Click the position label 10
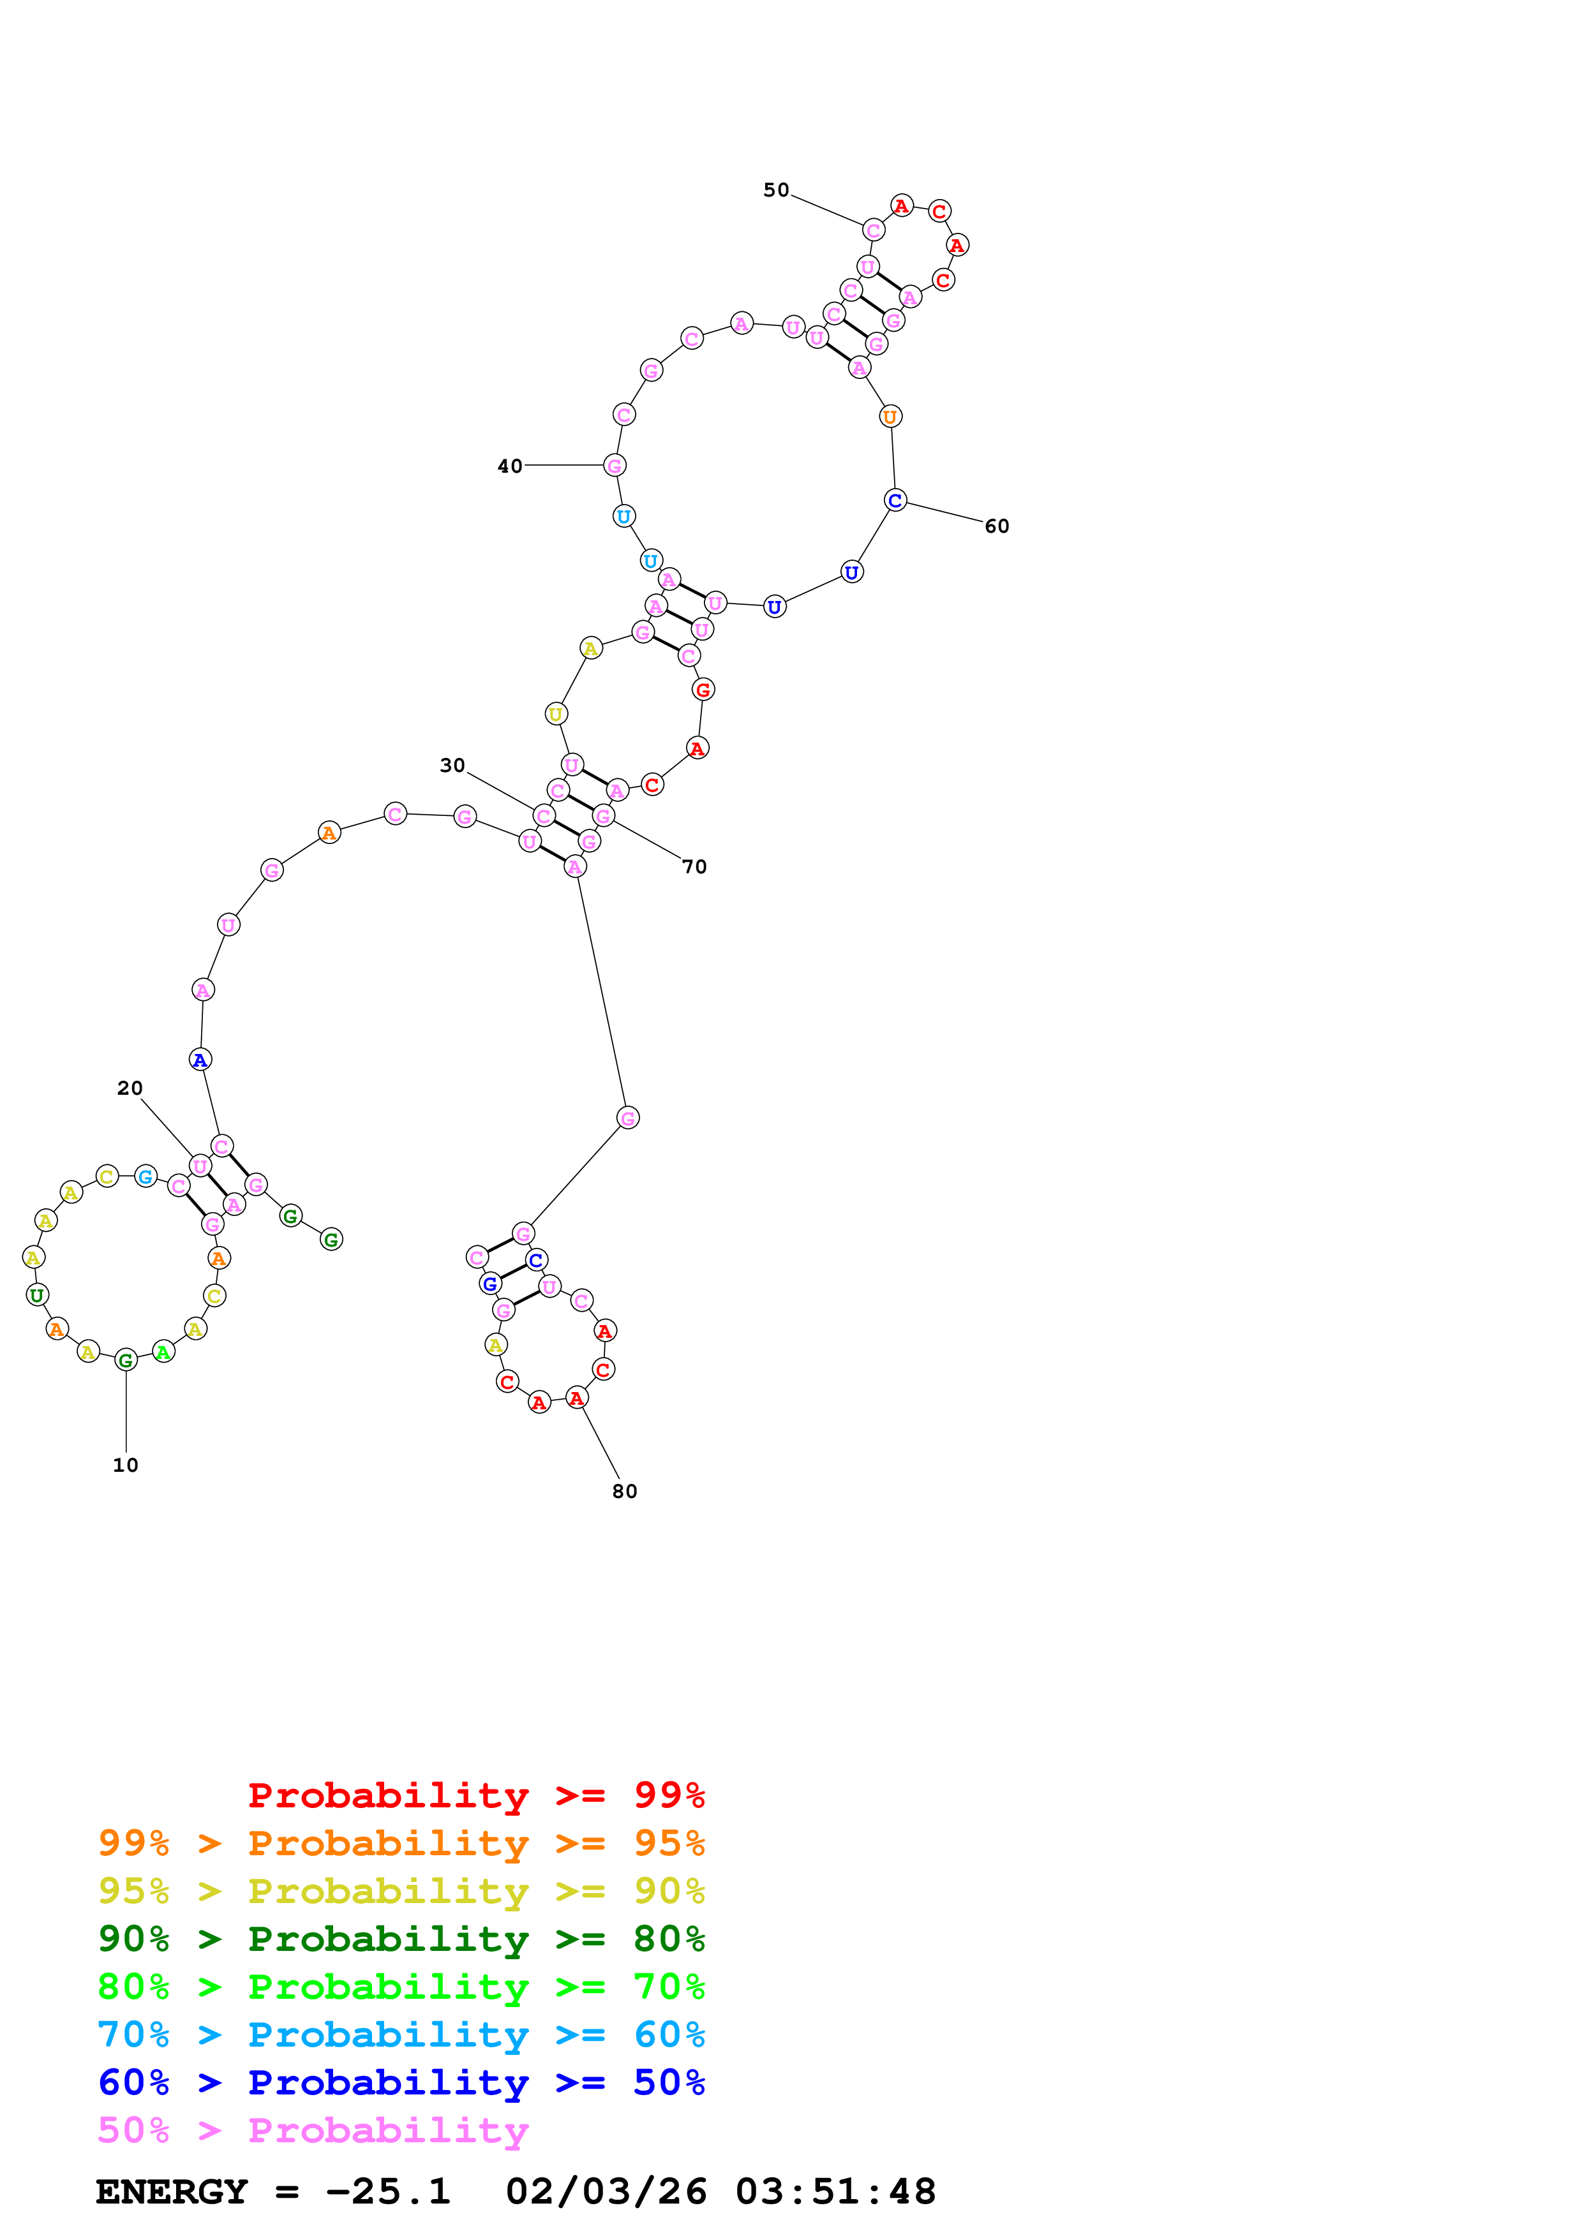(x=126, y=1465)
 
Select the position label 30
(x=452, y=765)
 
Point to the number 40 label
(x=510, y=466)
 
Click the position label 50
(x=776, y=190)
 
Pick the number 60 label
(x=996, y=526)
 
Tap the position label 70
(x=694, y=866)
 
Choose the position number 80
(x=625, y=1492)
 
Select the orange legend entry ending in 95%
(x=401, y=1843)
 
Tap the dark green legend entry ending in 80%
(x=401, y=1939)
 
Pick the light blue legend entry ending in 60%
(x=401, y=2034)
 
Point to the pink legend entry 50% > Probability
(x=313, y=2130)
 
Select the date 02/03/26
(x=606, y=2191)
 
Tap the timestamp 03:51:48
(x=835, y=2191)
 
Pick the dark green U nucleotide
(x=37, y=1296)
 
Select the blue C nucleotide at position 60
(x=895, y=501)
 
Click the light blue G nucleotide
(x=146, y=1176)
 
